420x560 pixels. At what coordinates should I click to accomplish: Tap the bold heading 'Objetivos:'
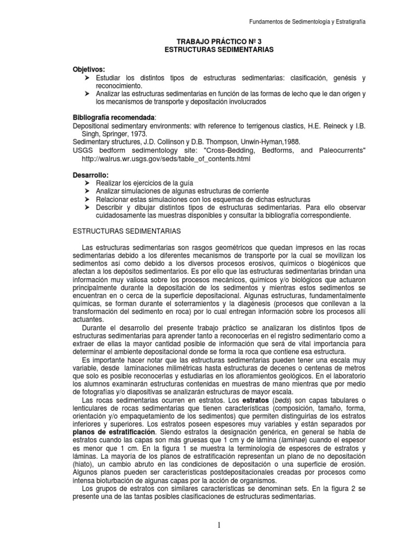point(89,71)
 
